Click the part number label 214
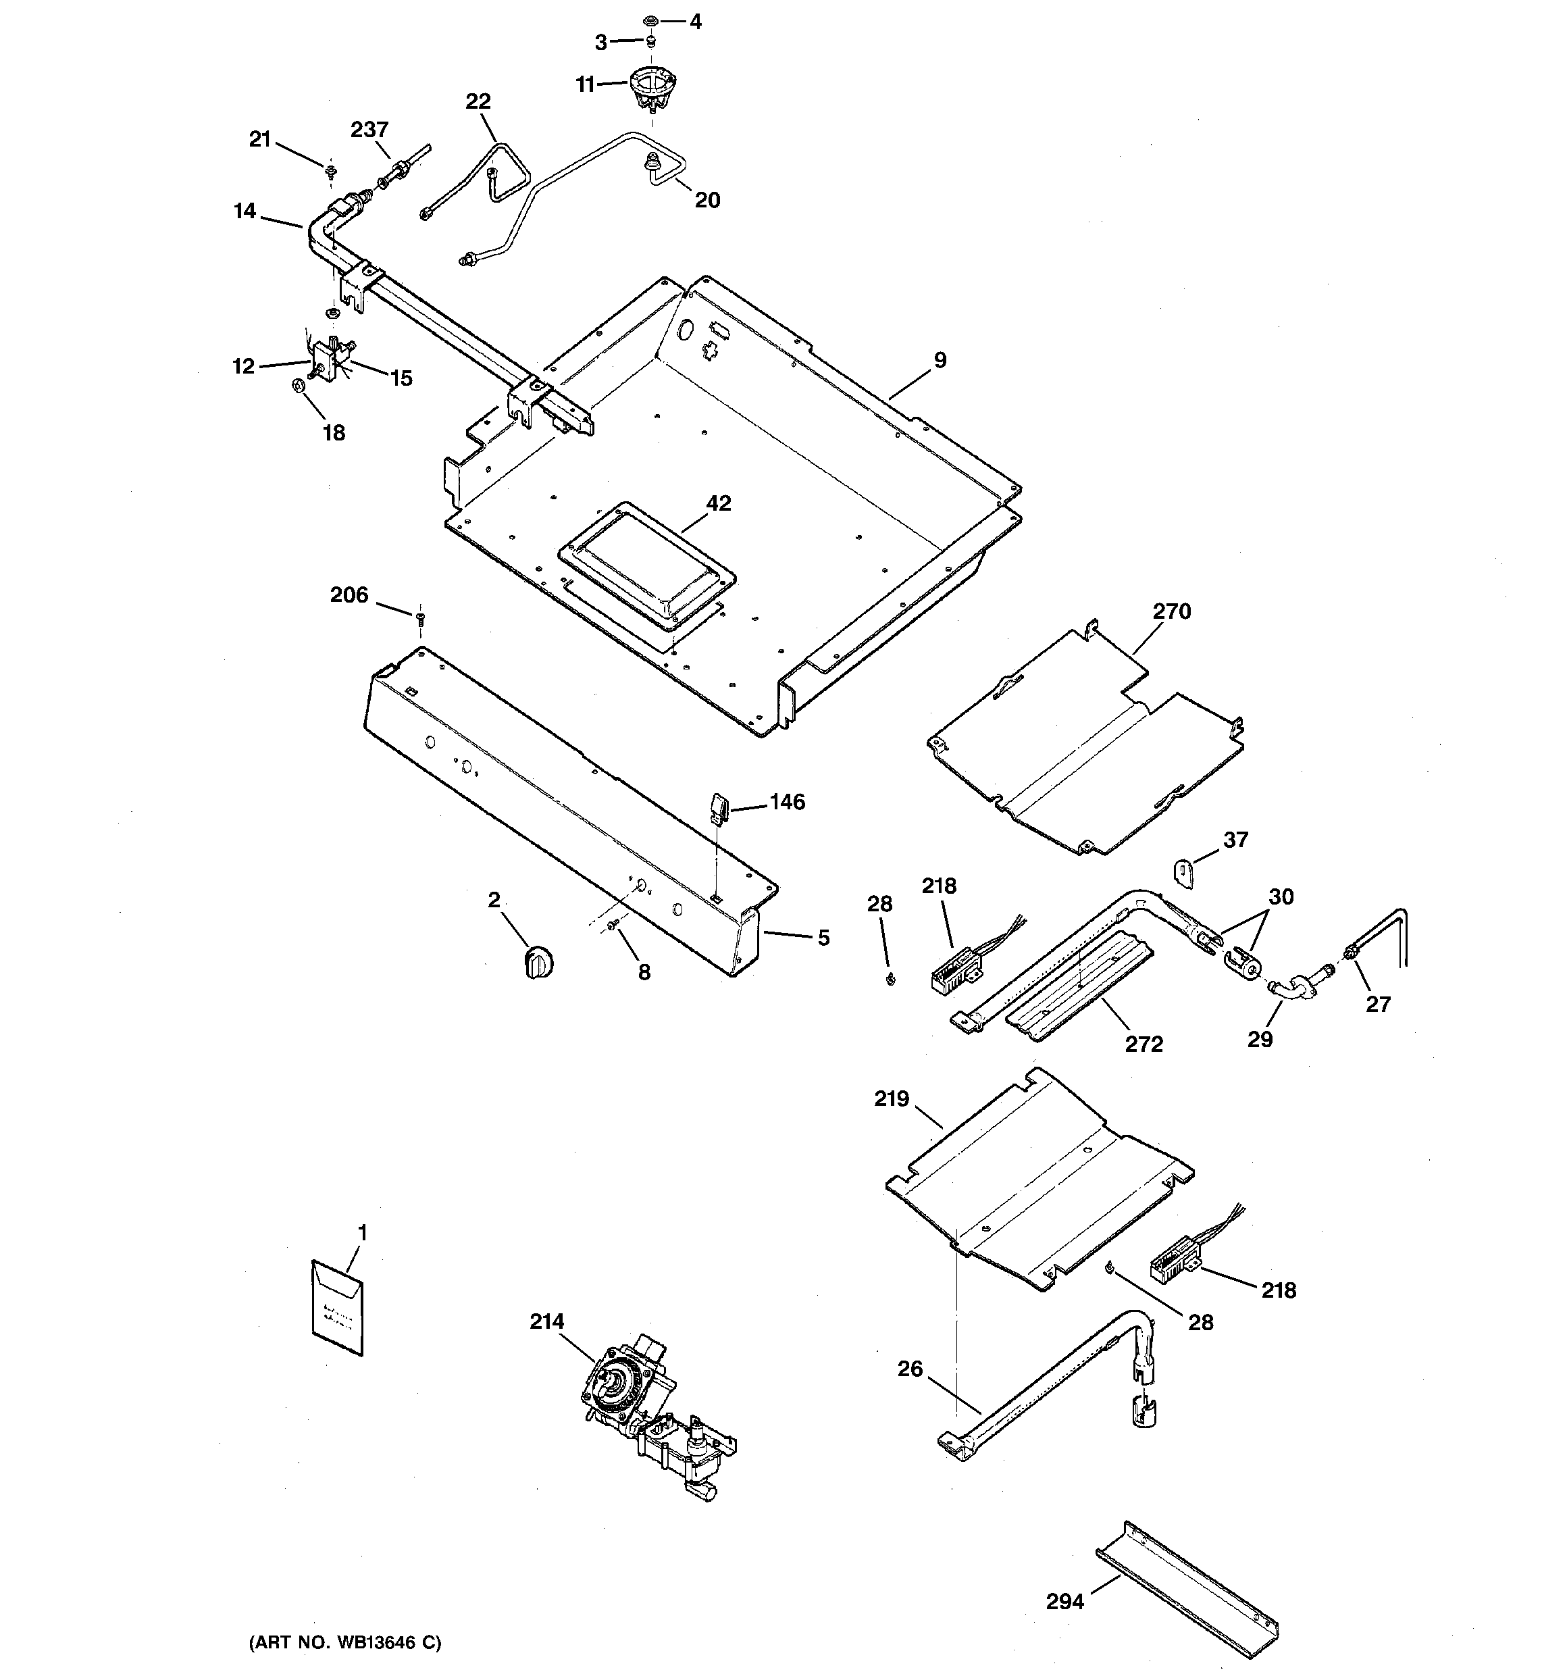pyautogui.click(x=546, y=1321)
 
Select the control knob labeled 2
pyautogui.click(x=538, y=961)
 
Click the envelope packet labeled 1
pyautogui.click(x=338, y=1309)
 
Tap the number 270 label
pyautogui.click(x=1172, y=611)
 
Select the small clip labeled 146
pyautogui.click(x=717, y=807)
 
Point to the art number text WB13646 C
pyautogui.click(x=345, y=1642)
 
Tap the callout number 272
pyautogui.click(x=1144, y=1044)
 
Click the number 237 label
pyautogui.click(x=369, y=130)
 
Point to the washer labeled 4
pyautogui.click(x=650, y=20)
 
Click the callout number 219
pyautogui.click(x=892, y=1098)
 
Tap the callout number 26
pyautogui.click(x=910, y=1369)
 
